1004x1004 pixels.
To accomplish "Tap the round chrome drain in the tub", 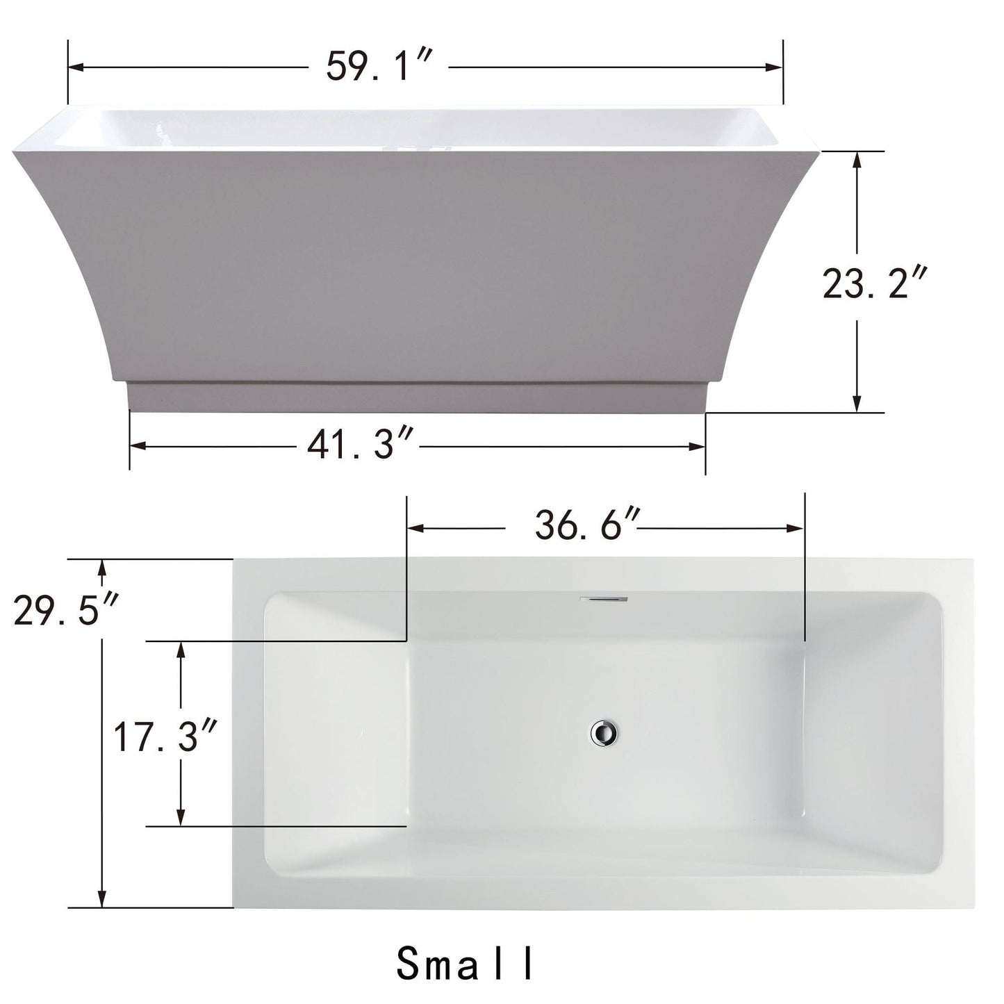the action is tap(604, 733).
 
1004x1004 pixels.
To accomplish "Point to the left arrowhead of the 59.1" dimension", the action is tap(76, 67).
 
